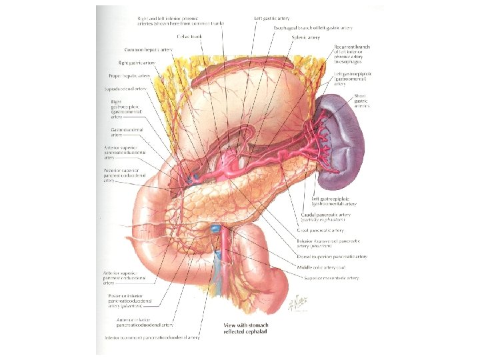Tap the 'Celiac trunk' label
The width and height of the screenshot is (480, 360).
191,37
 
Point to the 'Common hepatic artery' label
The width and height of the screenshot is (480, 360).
151,51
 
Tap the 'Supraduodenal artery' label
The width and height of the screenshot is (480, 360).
129,89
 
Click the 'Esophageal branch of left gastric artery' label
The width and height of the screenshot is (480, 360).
313,28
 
